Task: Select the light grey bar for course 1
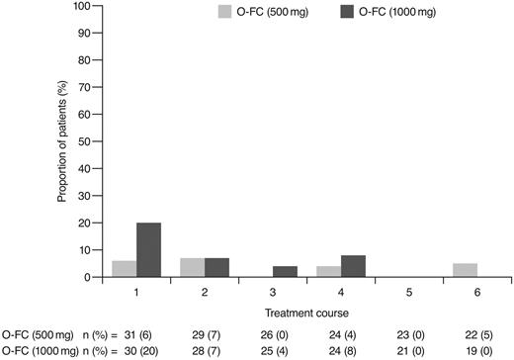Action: [x=125, y=269]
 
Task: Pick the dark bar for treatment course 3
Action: [x=284, y=272]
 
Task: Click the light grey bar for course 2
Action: [x=193, y=268]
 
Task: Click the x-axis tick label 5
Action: [x=408, y=293]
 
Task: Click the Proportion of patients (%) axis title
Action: [x=60, y=141]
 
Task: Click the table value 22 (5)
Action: [x=475, y=335]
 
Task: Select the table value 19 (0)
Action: [x=475, y=350]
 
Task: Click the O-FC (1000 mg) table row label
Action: [x=37, y=350]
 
